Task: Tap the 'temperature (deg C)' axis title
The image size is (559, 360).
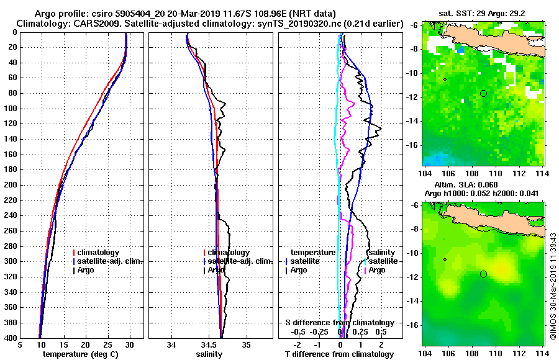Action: coord(80,354)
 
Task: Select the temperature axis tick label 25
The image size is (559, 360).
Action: coord(107,345)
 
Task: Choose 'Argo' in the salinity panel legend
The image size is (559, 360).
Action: coord(216,270)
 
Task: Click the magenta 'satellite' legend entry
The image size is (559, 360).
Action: coord(383,261)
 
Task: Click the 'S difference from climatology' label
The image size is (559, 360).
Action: coord(340,323)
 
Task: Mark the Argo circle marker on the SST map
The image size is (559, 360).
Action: coord(483,93)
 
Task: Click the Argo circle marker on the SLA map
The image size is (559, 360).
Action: coord(483,274)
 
